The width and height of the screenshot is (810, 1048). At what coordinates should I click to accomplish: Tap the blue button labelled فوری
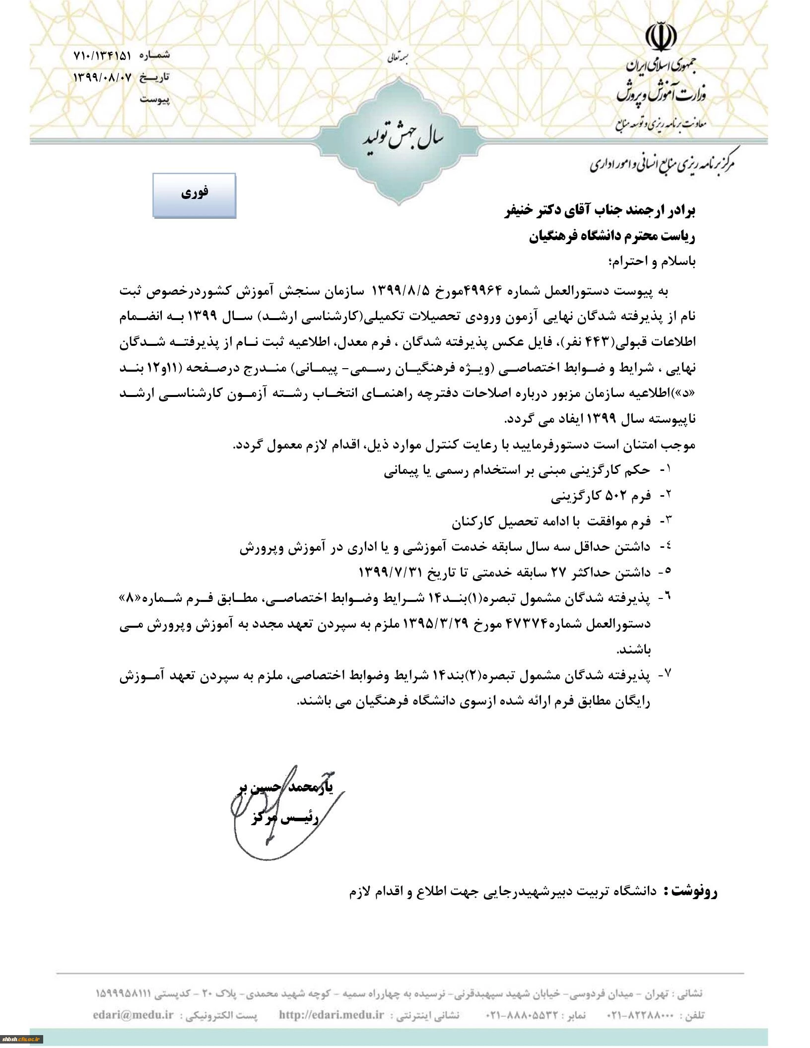[194, 195]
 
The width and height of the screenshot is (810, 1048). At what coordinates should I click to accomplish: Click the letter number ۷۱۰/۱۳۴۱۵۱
[102, 56]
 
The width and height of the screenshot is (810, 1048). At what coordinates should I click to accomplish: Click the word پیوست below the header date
[154, 99]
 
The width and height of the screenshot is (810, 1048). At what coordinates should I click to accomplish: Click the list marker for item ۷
[665, 674]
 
